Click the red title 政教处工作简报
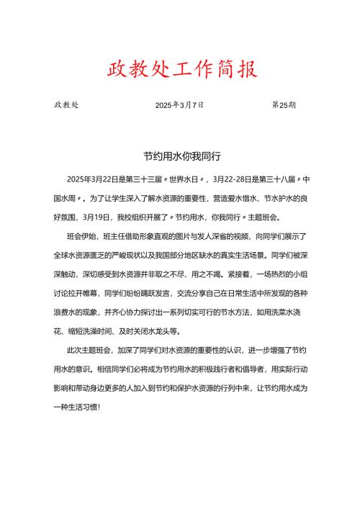click(180, 70)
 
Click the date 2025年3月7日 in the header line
click(179, 105)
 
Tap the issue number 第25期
click(284, 105)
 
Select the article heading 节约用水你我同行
click(180, 155)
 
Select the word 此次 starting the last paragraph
click(73, 351)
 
